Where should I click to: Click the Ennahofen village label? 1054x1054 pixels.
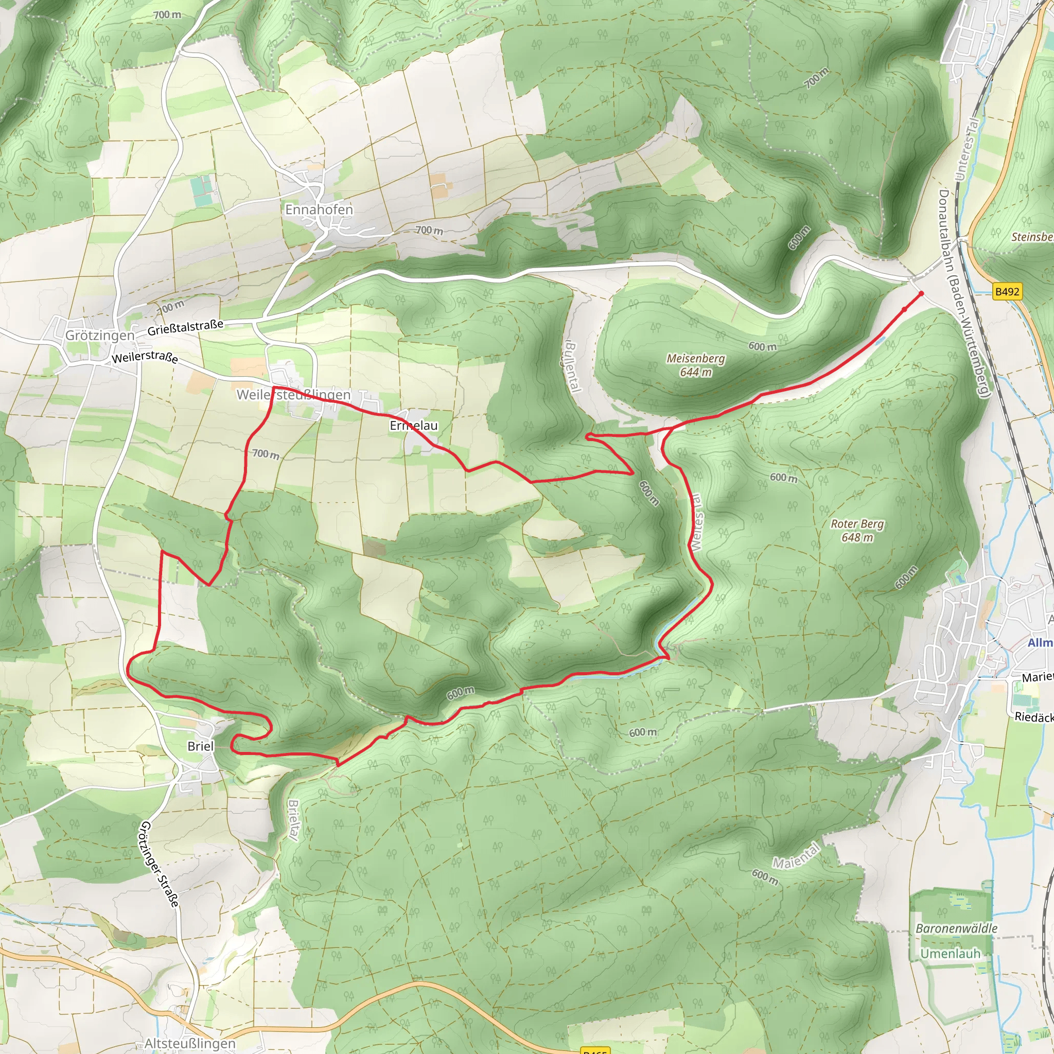pos(319,209)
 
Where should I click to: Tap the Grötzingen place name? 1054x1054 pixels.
pos(100,336)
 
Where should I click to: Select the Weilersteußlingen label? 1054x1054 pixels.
pos(293,394)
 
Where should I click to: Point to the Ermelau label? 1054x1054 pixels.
pos(414,426)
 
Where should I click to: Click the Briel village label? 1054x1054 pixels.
pos(200,746)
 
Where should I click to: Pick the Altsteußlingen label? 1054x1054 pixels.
pos(190,1044)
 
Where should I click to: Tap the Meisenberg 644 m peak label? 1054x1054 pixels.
pos(696,365)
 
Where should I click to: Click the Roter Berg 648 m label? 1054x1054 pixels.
pos(857,530)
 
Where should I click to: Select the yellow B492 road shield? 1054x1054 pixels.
pos(1007,291)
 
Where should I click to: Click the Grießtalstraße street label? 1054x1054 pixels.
pos(185,327)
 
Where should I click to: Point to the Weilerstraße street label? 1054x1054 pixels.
pos(145,357)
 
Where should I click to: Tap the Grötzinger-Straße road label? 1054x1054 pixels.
pos(160,864)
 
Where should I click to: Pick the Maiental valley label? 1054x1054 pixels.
pos(796,855)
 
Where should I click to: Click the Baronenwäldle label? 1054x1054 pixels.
pos(956,928)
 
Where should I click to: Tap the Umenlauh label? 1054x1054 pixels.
pos(951,954)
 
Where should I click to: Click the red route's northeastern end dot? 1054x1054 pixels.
pos(921,293)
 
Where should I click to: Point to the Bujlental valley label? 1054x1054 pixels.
pos(571,366)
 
